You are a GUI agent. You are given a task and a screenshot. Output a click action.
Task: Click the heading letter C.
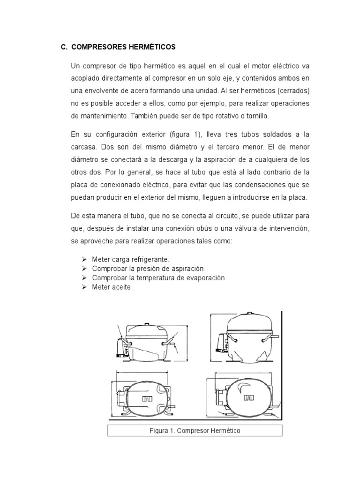64,47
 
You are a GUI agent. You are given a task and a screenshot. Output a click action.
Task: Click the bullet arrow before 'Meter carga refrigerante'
84,259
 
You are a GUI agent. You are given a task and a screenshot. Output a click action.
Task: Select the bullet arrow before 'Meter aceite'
84,287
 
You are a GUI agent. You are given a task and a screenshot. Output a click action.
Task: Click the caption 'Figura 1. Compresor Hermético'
195,431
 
